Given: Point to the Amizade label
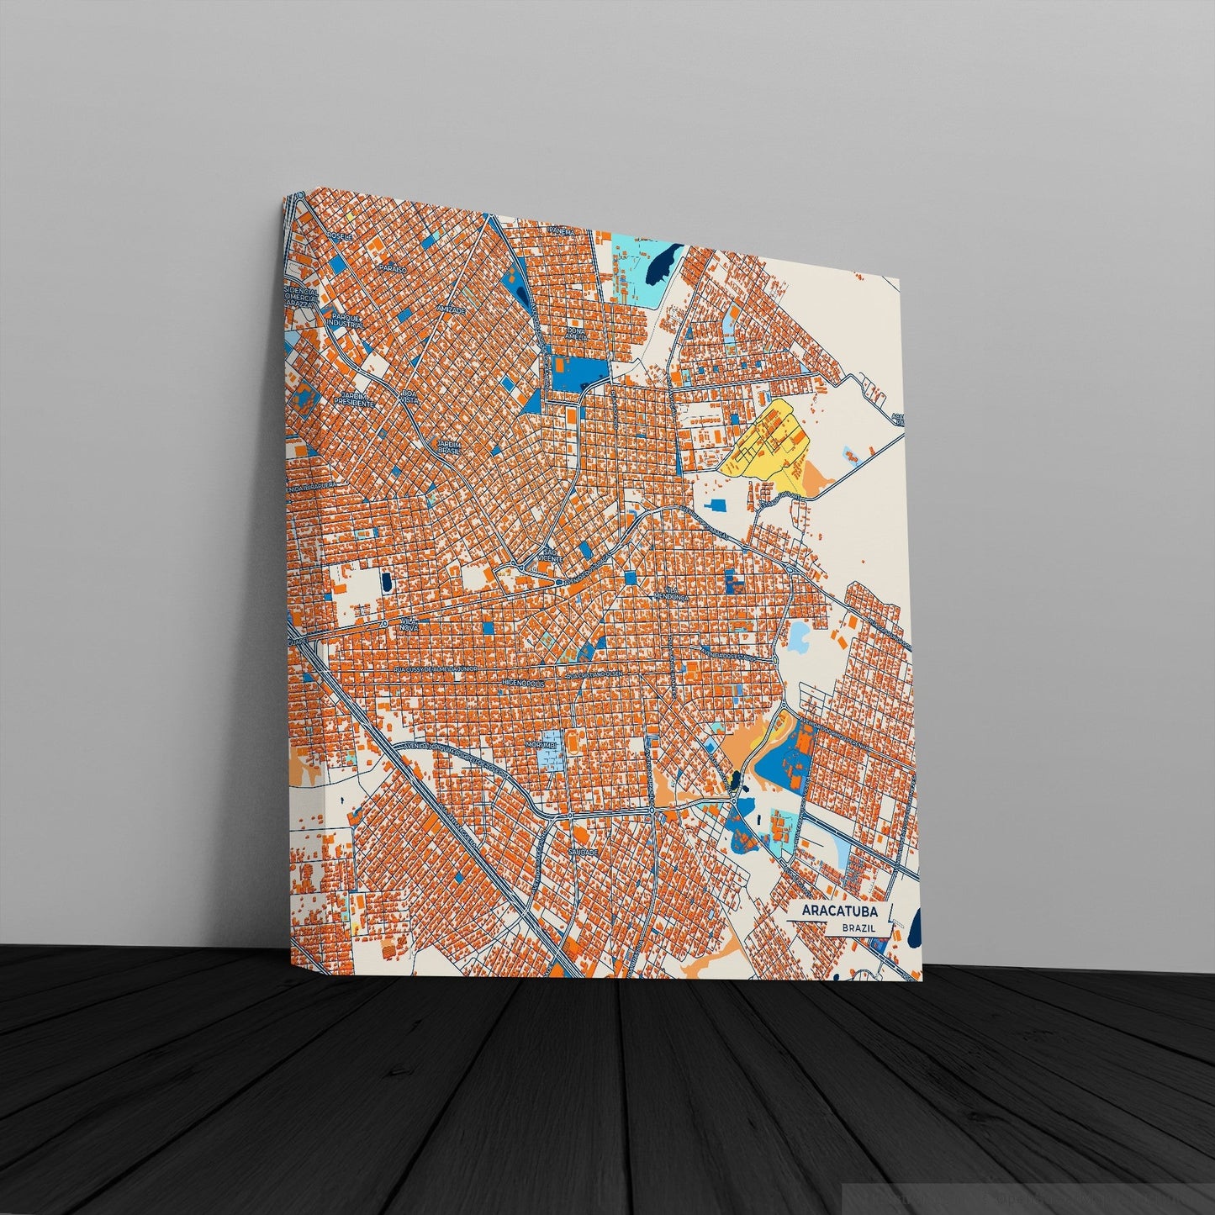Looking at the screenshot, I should [452, 309].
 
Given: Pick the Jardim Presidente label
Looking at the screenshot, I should [353, 400].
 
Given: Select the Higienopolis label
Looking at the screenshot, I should [523, 684].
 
